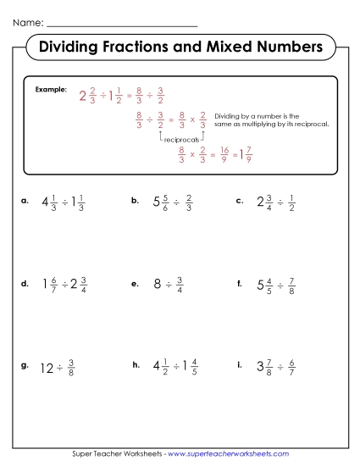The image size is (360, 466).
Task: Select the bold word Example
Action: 50,89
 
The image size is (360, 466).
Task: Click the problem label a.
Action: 25,202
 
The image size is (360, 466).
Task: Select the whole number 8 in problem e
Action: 158,286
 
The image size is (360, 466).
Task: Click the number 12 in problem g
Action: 47,368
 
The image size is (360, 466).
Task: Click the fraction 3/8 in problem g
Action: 71,368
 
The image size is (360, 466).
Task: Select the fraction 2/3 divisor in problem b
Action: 189,202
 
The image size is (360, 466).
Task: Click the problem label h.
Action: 136,366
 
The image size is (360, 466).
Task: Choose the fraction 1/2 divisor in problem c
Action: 291,202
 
